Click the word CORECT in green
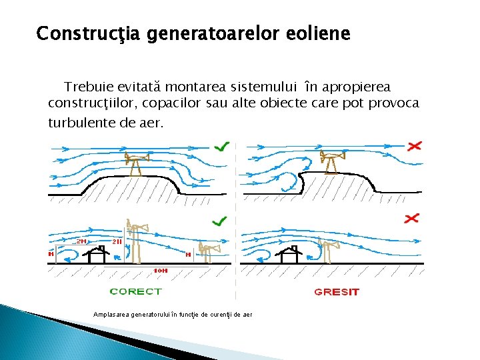(x=135, y=291)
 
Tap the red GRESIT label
(x=336, y=291)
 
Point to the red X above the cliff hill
(x=415, y=145)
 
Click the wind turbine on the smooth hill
(x=137, y=164)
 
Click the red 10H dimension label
(x=161, y=270)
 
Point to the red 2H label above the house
(x=81, y=241)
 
